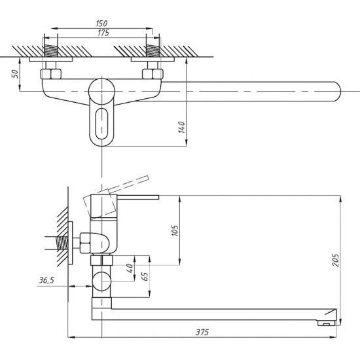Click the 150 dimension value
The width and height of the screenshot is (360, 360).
click(x=101, y=23)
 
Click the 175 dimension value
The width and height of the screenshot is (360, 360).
click(x=103, y=33)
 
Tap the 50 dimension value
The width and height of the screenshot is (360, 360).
click(x=15, y=74)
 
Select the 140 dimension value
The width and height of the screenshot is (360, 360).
click(x=181, y=127)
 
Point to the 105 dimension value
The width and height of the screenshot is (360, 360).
click(x=175, y=230)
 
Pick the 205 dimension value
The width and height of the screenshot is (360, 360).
click(x=336, y=260)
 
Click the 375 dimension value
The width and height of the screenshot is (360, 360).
click(x=202, y=333)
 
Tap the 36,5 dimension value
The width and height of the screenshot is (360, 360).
click(x=46, y=280)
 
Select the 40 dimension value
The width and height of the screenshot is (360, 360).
click(x=130, y=268)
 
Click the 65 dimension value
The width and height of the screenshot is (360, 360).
click(x=145, y=277)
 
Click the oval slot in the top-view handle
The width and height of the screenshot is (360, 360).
click(x=101, y=124)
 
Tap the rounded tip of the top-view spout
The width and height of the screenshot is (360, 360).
click(x=338, y=91)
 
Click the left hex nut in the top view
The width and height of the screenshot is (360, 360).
click(x=51, y=74)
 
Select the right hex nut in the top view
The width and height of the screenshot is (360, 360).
click(x=153, y=74)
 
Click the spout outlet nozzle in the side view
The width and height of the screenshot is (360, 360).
click(x=326, y=323)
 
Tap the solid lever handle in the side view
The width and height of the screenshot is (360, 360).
click(x=138, y=197)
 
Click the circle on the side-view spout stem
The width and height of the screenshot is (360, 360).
click(x=101, y=281)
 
